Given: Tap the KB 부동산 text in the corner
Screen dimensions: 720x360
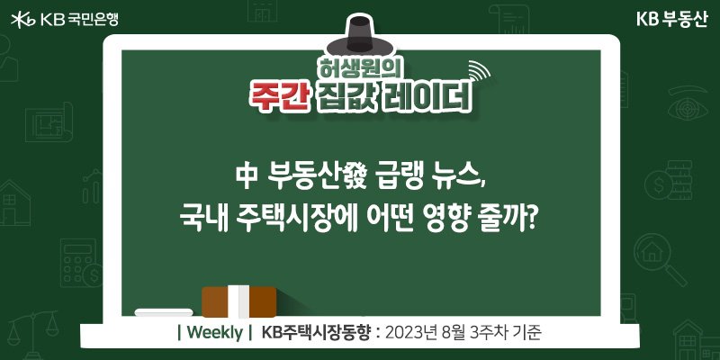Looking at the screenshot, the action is click(x=672, y=19).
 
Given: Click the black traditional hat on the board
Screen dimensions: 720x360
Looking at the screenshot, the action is click(x=359, y=35).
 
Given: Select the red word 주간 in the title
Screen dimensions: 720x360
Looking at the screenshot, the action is click(x=278, y=97).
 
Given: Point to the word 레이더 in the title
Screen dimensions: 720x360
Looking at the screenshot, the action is click(x=427, y=97).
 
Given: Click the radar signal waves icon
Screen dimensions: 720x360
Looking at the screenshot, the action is click(x=479, y=72).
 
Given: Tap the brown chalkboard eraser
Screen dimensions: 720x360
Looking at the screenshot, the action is click(x=238, y=301).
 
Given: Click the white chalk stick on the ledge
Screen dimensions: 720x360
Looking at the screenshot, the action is click(x=164, y=312).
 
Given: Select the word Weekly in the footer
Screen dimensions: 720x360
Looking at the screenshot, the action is click(x=214, y=332).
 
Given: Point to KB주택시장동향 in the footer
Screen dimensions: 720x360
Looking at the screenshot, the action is click(x=315, y=332).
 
